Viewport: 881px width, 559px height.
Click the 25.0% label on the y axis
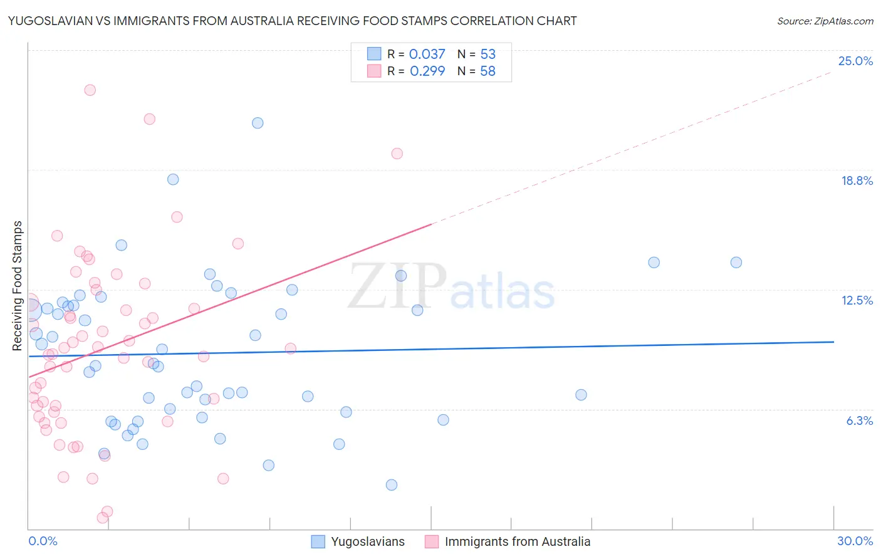pos(855,61)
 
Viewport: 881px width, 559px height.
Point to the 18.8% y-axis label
pos(857,180)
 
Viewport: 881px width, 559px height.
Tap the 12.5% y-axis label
pos(857,300)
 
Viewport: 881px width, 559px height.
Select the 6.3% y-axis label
pos(859,421)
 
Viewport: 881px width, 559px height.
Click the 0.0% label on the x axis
pos(43,541)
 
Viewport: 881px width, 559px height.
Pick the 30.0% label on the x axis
pos(855,541)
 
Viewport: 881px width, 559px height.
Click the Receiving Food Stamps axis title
pos(18,286)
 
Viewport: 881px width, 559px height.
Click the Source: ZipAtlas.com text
pos(825,21)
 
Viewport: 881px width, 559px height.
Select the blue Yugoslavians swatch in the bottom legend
pos(318,541)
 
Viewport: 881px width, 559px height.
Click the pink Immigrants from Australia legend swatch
pos(432,541)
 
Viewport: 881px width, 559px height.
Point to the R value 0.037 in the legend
pos(427,54)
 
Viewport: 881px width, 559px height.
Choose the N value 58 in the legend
pos(487,71)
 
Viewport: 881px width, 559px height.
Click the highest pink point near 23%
pos(90,90)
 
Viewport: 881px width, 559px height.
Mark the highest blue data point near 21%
pos(258,123)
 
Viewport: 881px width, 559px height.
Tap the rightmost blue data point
pos(736,263)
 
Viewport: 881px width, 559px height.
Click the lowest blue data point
pos(392,484)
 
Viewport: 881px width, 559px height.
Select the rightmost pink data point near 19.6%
pos(397,154)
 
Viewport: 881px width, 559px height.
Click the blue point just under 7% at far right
pos(581,395)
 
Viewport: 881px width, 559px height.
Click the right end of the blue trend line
pos(833,342)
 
